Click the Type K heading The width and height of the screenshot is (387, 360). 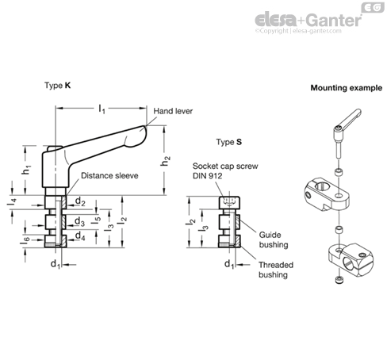coord(57,86)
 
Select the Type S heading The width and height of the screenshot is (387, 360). coord(229,142)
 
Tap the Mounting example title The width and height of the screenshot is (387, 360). coord(347,88)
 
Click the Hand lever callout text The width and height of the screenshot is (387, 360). coord(173,111)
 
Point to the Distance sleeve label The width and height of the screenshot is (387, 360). coord(109,175)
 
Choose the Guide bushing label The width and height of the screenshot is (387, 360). coord(274,239)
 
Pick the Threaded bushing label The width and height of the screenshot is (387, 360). coord(276,270)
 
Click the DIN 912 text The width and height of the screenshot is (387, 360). coord(207,176)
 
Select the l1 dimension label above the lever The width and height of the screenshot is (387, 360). coord(102,109)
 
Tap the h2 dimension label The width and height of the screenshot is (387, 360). coord(165,161)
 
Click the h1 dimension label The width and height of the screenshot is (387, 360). coord(26,170)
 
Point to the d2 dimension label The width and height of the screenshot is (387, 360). coord(80,201)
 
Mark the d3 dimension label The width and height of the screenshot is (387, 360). coord(79,221)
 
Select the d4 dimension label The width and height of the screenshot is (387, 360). coord(80,236)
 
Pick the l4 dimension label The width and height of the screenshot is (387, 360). coord(12,201)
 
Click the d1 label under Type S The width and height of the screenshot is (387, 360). coord(229,264)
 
